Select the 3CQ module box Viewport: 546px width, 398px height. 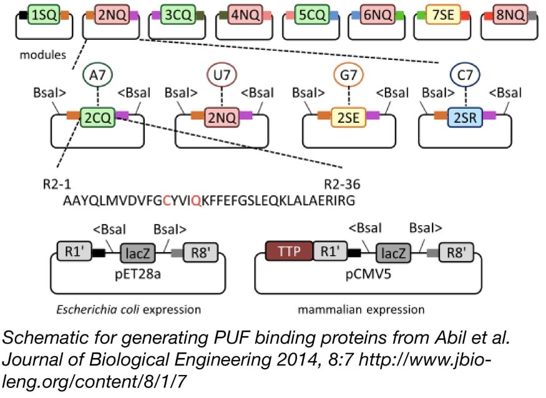[x=177, y=14]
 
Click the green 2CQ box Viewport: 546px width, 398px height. [x=97, y=116]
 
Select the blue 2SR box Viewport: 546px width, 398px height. [x=465, y=116]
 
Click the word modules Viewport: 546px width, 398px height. [x=41, y=54]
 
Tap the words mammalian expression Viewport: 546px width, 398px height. [x=361, y=309]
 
